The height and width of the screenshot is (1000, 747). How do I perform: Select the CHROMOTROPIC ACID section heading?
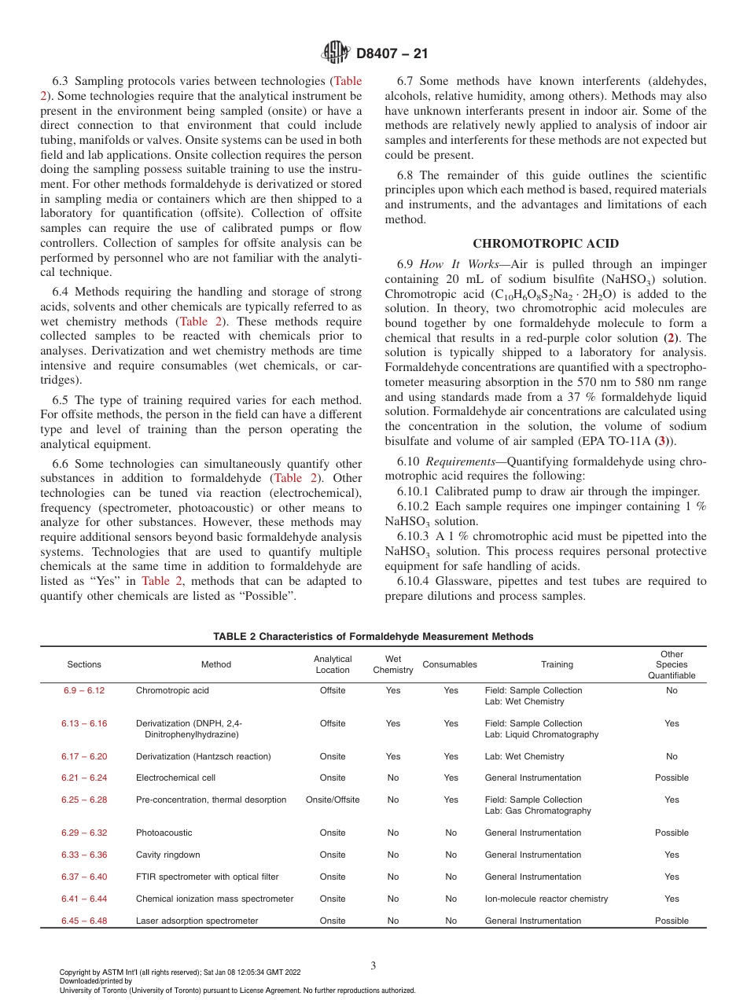click(x=545, y=243)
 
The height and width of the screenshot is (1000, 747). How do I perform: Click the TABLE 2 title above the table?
click(x=373, y=636)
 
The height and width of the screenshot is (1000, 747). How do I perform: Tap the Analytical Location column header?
click(x=333, y=664)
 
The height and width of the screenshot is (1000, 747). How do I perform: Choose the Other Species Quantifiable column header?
click(x=672, y=664)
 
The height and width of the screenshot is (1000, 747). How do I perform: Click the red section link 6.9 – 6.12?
click(x=84, y=690)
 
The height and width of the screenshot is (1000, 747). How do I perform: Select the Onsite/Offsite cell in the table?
click(x=333, y=800)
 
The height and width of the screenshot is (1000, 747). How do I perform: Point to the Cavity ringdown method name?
click(x=167, y=855)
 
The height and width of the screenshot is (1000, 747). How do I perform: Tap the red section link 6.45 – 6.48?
click(x=84, y=921)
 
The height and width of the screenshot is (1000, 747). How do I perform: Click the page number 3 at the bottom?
click(x=373, y=965)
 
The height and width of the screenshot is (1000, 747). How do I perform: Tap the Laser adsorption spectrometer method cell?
click(x=197, y=921)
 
